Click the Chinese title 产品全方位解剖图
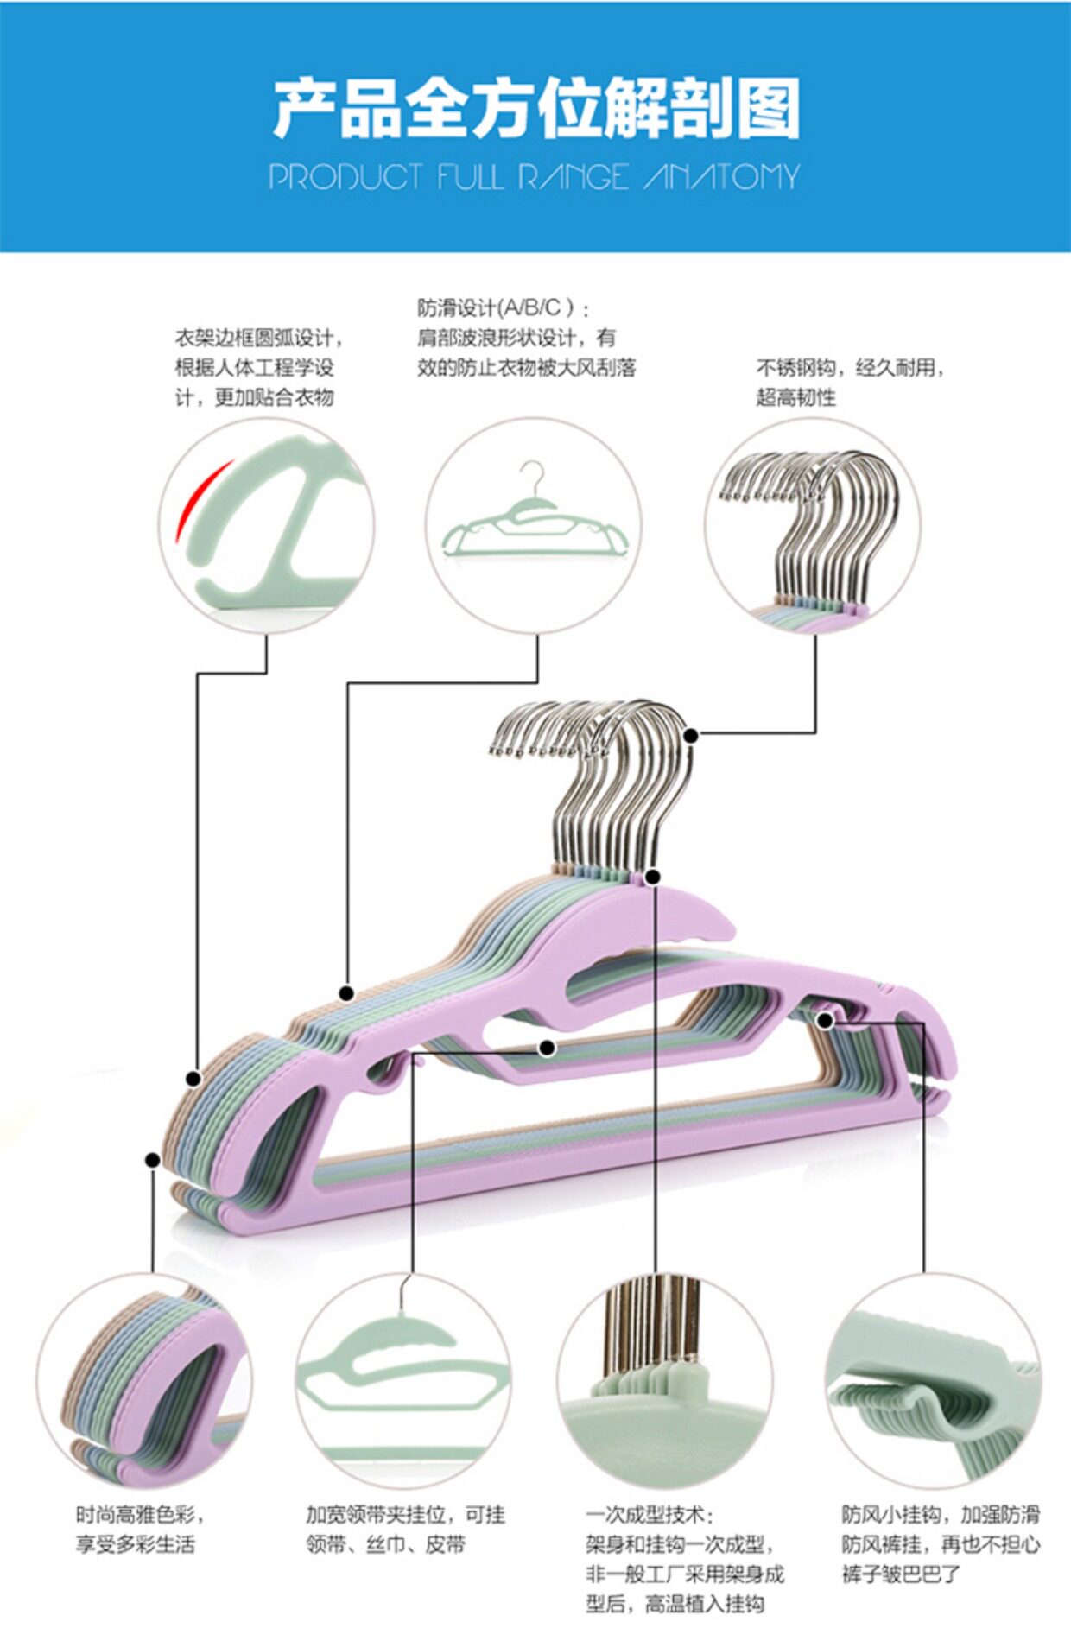click(x=535, y=108)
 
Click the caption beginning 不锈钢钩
click(x=850, y=383)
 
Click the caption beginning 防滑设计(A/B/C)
click(x=526, y=338)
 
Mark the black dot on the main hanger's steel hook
click(x=690, y=735)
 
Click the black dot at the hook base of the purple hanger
click(x=653, y=878)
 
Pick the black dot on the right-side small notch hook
click(x=825, y=1021)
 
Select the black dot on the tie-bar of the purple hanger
click(x=547, y=1049)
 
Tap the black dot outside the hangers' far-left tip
click(x=153, y=1160)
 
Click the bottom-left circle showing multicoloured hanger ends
click(x=144, y=1381)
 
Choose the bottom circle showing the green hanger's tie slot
click(x=403, y=1381)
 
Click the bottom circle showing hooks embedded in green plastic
click(x=664, y=1381)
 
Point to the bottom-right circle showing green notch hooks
click(x=933, y=1381)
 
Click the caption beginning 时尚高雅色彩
click(x=140, y=1530)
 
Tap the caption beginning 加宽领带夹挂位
click(x=405, y=1530)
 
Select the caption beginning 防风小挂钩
click(x=940, y=1544)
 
